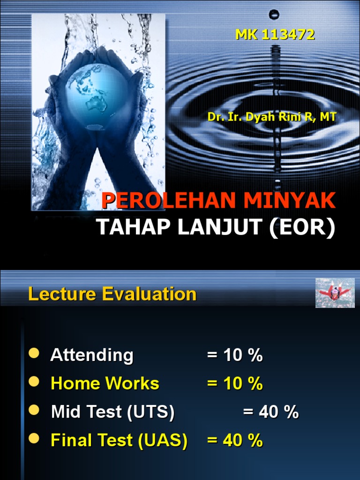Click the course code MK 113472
275,35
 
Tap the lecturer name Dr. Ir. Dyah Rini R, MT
272,117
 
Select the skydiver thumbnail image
335,293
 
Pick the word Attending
92,355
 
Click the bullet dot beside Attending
34,353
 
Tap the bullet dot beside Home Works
34,382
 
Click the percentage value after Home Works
235,383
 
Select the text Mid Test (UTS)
112,412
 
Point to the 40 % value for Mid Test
271,412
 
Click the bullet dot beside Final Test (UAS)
34,439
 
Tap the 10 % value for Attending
235,355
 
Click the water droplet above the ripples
275,15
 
